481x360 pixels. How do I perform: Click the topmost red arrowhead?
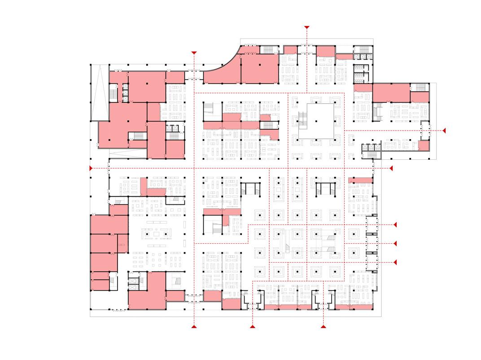point(307,27)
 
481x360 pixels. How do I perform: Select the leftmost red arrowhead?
point(91,168)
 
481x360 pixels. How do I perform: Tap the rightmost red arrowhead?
point(444,131)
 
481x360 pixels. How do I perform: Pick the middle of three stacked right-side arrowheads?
point(395,243)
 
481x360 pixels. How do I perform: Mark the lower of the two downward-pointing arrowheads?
point(194,53)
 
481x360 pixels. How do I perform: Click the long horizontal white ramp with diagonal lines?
point(127,154)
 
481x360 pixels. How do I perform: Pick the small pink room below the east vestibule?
point(424,145)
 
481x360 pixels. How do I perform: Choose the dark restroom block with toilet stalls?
point(362,73)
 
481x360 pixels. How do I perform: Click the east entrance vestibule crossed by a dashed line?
point(425,131)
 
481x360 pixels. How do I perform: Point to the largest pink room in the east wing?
point(391,92)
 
